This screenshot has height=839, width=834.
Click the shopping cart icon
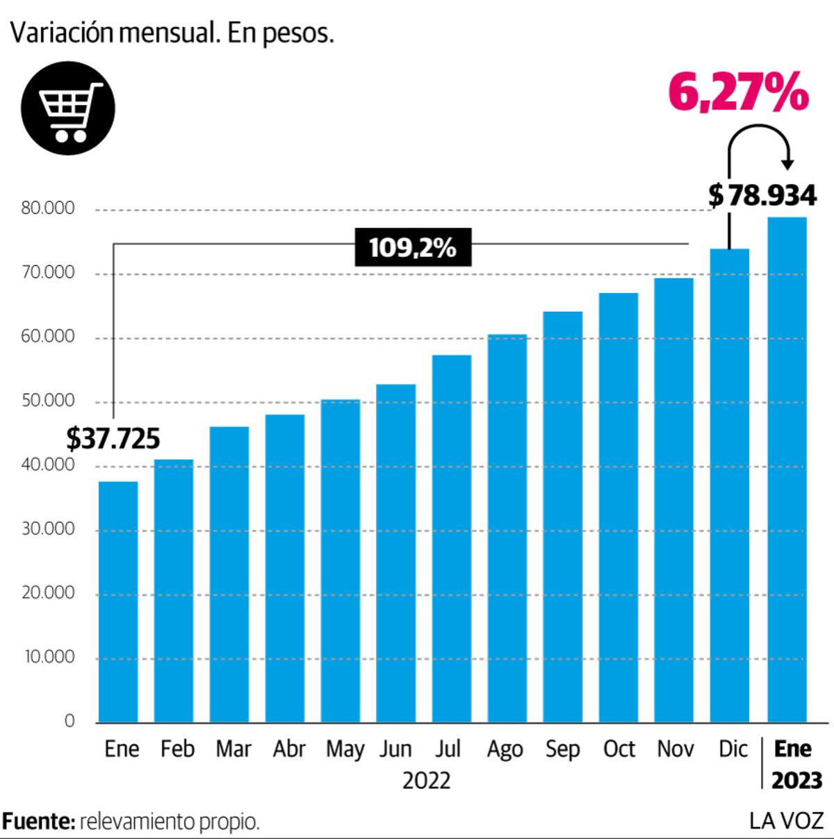click(68, 108)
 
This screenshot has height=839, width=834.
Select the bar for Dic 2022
click(730, 485)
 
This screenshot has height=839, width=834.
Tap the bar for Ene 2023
click(787, 470)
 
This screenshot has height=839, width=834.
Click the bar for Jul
click(452, 538)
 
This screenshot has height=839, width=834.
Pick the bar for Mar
click(229, 574)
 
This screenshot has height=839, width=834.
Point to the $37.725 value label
click(113, 438)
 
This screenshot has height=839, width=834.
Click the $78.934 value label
click(762, 195)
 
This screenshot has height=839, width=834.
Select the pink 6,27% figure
click(739, 92)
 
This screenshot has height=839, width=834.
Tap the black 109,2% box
click(413, 247)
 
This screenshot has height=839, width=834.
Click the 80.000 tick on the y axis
click(48, 208)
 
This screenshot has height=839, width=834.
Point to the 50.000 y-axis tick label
click(48, 401)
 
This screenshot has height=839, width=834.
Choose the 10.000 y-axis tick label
click(49, 657)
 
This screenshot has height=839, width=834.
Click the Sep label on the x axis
click(562, 749)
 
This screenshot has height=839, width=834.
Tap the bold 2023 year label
click(797, 780)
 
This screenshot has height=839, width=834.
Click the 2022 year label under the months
click(426, 781)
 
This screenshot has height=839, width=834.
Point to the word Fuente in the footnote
click(38, 822)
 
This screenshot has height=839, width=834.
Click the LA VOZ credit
click(787, 821)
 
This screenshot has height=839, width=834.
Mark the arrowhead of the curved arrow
click(787, 165)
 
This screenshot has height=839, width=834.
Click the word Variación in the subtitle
click(62, 33)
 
